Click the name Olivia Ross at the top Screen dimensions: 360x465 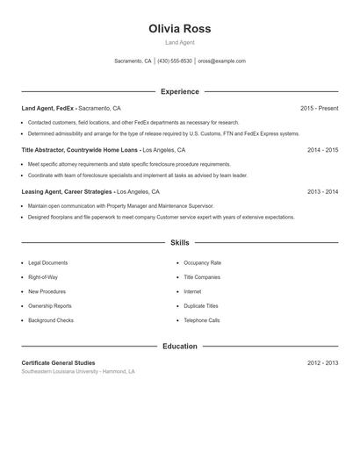click(180, 29)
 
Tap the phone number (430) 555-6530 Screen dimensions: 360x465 click(175, 61)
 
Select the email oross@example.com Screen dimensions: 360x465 click(221, 61)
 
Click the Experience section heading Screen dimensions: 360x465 click(180, 91)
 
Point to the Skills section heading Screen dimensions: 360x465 click(180, 242)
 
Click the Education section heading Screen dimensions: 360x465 click(180, 346)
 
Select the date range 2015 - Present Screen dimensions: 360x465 click(319, 108)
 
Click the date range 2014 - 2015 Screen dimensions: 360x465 click(322, 150)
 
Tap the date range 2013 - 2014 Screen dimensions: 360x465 click(322, 191)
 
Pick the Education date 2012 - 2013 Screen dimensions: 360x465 click(322, 362)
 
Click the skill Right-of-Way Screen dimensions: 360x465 click(44, 277)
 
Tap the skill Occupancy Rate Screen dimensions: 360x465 click(202, 262)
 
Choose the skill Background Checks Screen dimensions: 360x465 click(51, 320)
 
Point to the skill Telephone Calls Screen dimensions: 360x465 click(202, 320)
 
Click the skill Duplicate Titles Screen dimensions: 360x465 click(200, 306)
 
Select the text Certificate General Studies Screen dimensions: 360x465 click(58, 362)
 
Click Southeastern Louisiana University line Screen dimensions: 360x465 click(78, 372)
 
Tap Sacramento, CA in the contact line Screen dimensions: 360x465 click(133, 61)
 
